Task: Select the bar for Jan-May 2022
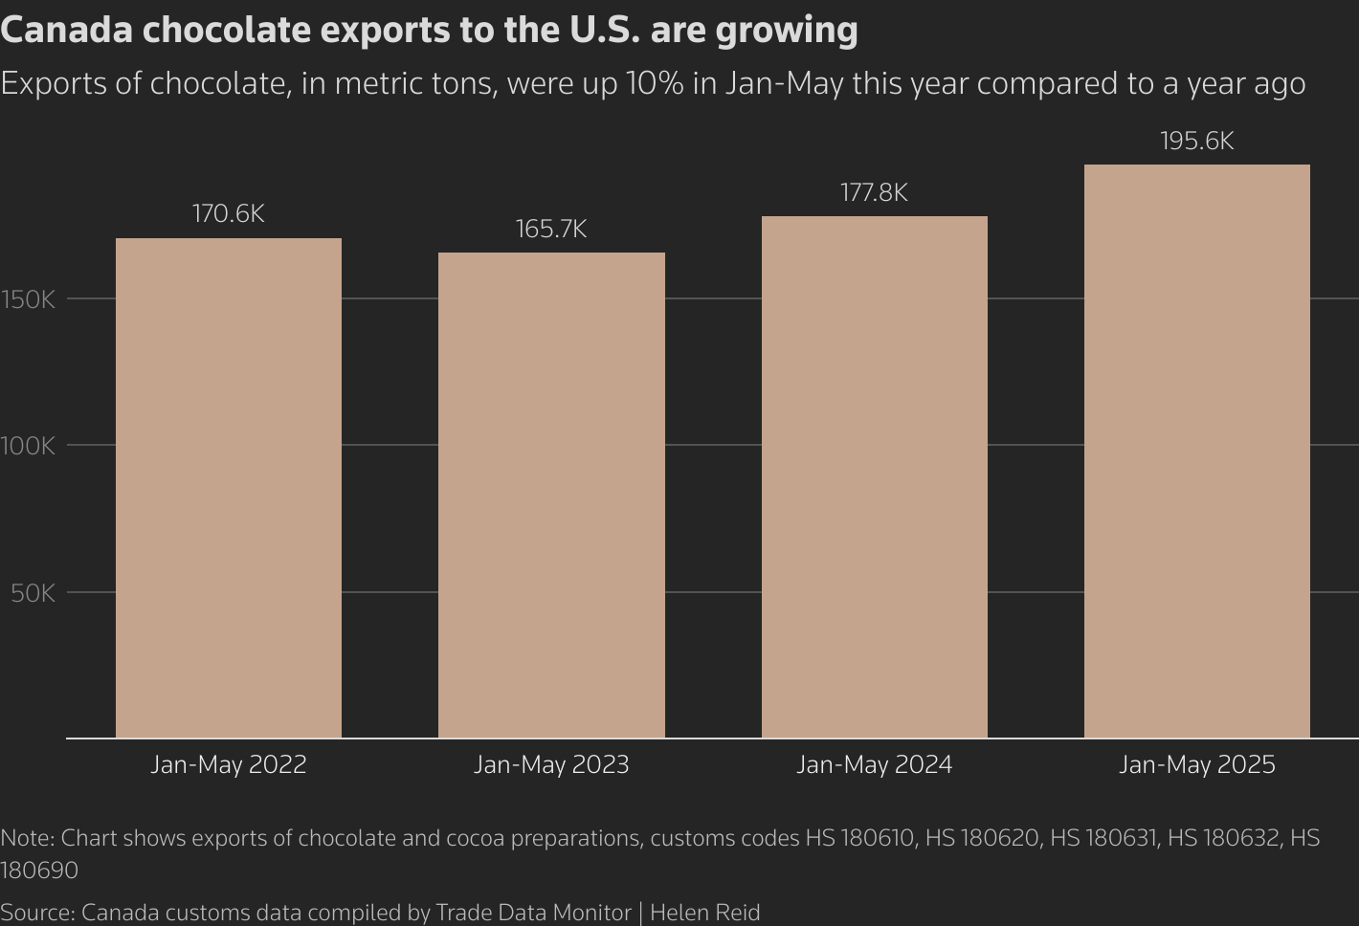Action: [229, 488]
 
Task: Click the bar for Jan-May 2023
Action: [551, 495]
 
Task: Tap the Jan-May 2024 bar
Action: [874, 476]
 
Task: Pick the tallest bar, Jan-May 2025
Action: [1196, 451]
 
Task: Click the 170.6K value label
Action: [229, 213]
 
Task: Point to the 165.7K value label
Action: [551, 229]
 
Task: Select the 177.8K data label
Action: [874, 192]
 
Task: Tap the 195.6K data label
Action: [1196, 141]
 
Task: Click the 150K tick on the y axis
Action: [29, 299]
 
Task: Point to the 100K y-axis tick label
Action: [29, 446]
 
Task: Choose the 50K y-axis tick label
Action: [33, 593]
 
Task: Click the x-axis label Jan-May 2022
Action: [229, 764]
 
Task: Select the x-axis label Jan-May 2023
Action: [551, 764]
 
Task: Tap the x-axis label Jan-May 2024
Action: [874, 764]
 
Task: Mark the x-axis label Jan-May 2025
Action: [1196, 764]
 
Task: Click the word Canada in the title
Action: [66, 30]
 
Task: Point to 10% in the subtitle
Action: [655, 83]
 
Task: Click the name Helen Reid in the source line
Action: [704, 913]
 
